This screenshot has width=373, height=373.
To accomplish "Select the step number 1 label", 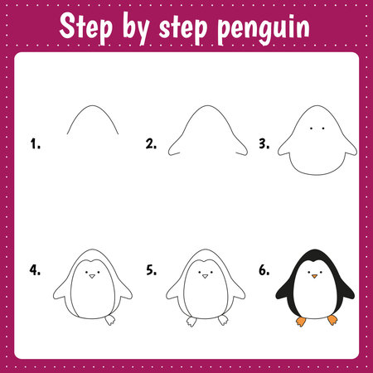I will point(35,143).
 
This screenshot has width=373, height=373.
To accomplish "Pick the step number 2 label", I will point(151,143).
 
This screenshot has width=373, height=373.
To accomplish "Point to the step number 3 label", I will point(264,143).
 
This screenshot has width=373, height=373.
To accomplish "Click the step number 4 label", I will point(35,270).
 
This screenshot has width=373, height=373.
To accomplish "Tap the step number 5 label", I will point(151,270).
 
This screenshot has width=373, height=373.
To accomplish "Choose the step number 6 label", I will point(264,270).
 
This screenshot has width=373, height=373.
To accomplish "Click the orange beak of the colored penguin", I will point(314,278).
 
